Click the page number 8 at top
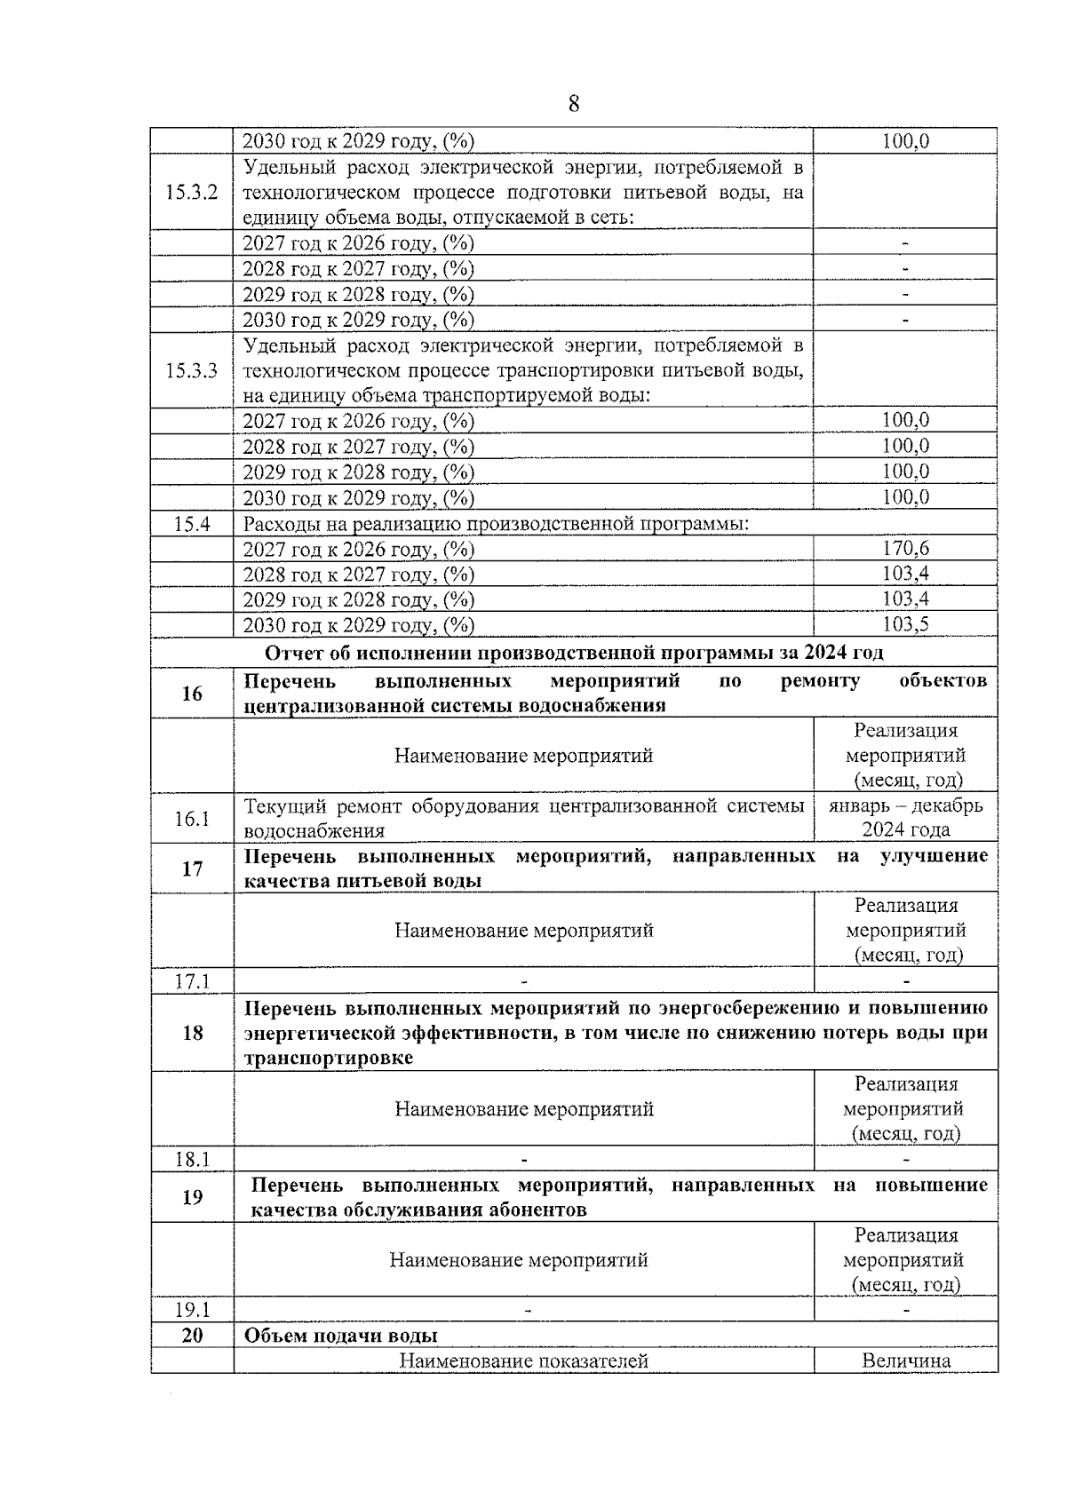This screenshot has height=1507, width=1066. point(573,105)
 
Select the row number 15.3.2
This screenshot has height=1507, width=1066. point(191,193)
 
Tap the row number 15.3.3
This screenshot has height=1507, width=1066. point(191,370)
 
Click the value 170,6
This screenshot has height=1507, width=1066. point(905,548)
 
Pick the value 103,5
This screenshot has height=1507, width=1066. point(905,624)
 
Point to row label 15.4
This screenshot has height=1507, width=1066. point(191,523)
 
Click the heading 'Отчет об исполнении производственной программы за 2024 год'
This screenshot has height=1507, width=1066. point(574,653)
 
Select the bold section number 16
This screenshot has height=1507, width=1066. point(192,694)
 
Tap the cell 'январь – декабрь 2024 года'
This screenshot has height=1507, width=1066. point(905,817)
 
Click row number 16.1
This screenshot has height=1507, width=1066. point(191,818)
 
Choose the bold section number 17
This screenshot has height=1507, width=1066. point(192,869)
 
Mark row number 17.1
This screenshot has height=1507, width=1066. point(191,981)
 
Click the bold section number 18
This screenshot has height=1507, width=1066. point(192,1033)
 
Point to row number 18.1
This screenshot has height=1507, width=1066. point(191,1159)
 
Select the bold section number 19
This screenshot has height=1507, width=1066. point(192,1197)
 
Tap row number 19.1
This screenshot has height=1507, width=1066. point(191,1310)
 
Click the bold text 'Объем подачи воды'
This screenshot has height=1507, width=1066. point(340,1336)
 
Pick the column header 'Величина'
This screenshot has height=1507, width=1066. point(905,1361)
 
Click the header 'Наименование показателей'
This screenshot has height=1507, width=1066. point(523,1361)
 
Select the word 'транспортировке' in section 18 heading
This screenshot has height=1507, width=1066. point(328,1059)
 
